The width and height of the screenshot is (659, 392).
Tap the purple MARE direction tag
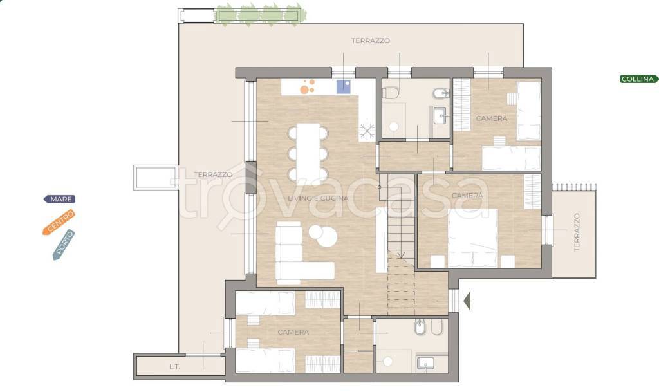(x=60, y=199)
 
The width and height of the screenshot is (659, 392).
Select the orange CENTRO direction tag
(x=59, y=222)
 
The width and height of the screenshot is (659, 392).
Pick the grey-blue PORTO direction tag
(x=64, y=245)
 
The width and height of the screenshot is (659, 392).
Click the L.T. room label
(x=175, y=367)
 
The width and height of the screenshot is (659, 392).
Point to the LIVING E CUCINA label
(x=318, y=198)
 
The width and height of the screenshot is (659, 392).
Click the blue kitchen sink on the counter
(x=344, y=86)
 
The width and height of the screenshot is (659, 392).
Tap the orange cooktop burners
(x=308, y=86)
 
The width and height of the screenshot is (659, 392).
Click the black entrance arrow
(x=467, y=301)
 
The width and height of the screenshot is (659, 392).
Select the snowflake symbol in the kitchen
(x=367, y=131)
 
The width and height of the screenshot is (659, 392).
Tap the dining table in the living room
(x=308, y=153)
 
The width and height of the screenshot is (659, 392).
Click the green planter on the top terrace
(x=259, y=15)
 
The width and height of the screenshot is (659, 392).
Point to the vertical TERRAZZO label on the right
(x=577, y=232)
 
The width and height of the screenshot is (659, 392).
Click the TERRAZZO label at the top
(x=371, y=41)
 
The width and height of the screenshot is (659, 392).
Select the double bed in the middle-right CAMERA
(x=473, y=238)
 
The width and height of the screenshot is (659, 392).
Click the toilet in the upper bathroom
(x=391, y=93)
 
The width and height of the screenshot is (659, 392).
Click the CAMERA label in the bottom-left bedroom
(x=293, y=332)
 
